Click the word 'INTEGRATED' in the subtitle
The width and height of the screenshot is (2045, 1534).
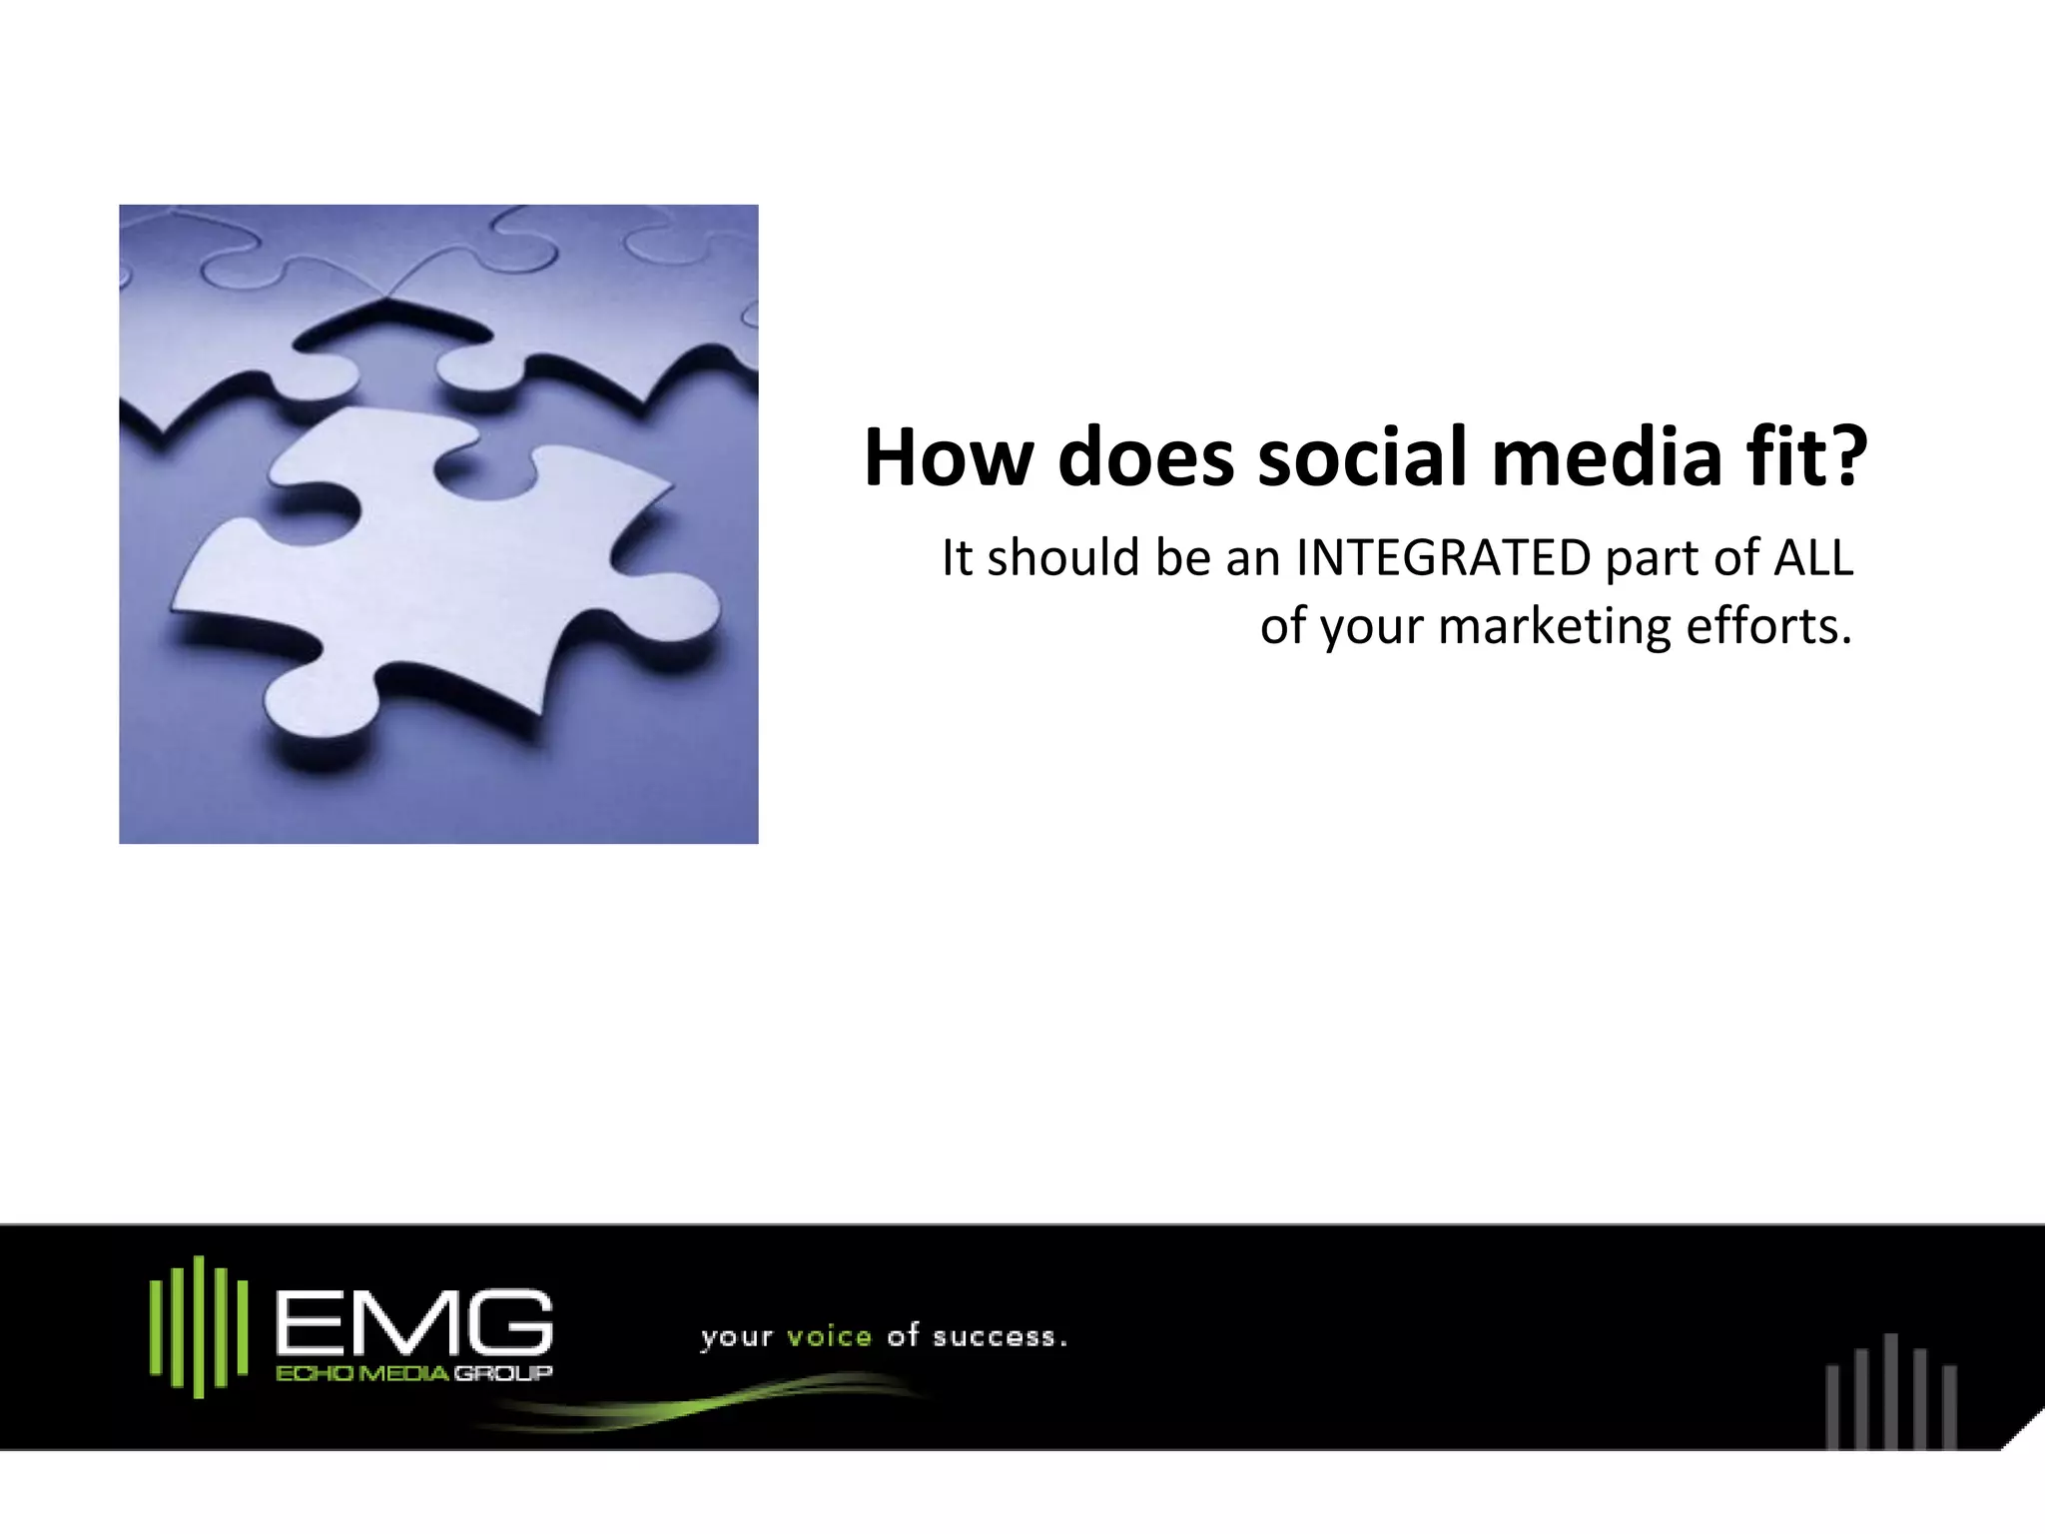click(x=1443, y=558)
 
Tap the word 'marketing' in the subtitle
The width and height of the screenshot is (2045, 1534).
click(x=1555, y=627)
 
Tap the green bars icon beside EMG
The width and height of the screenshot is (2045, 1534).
click(x=199, y=1325)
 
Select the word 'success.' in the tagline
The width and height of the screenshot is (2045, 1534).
click(x=1000, y=1336)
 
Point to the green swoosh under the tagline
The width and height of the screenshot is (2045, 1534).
click(x=699, y=1402)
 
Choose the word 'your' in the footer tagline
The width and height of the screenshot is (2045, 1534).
click(x=737, y=1338)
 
